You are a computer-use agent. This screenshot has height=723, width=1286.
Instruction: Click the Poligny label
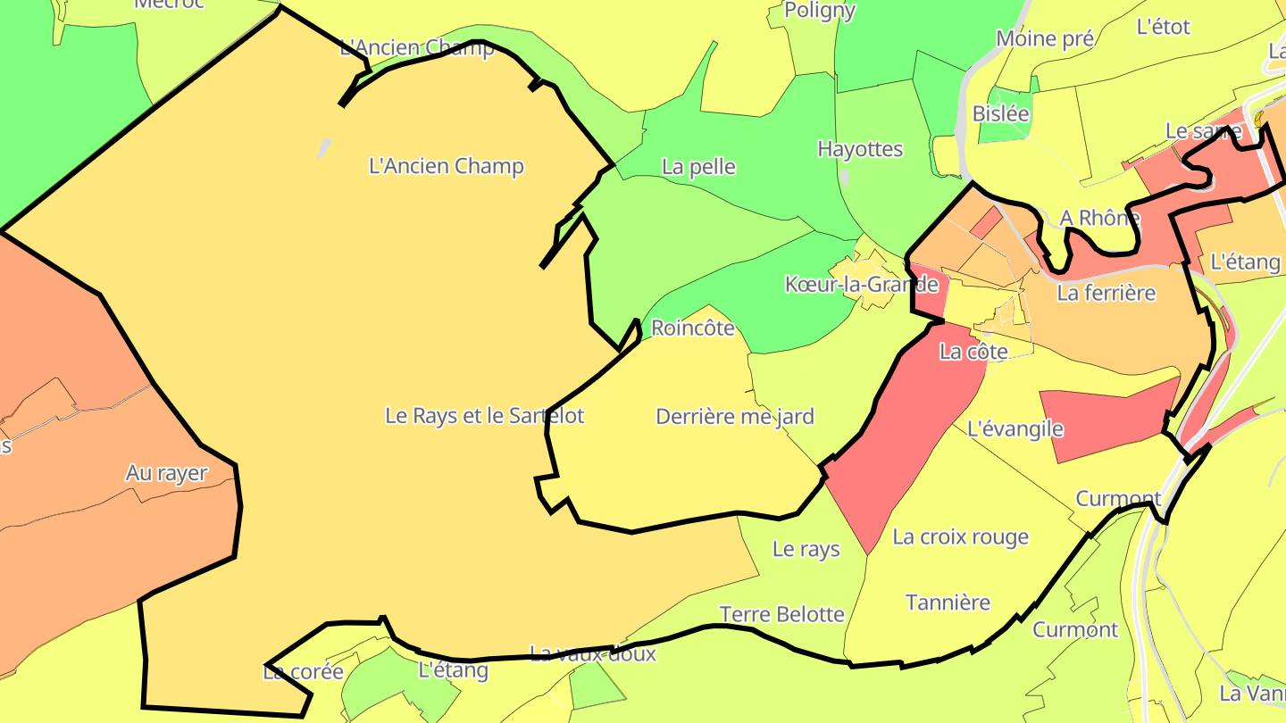click(x=819, y=11)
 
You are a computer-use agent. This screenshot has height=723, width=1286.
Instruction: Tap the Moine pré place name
click(x=1045, y=39)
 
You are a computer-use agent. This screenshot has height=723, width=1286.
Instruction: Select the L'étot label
click(x=1163, y=27)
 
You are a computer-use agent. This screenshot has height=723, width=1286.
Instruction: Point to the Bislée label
click(x=1000, y=114)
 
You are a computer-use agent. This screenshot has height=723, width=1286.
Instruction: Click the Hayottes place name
click(x=860, y=149)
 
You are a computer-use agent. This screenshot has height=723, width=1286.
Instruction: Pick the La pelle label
click(x=698, y=167)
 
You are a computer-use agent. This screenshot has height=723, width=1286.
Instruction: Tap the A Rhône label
click(x=1099, y=218)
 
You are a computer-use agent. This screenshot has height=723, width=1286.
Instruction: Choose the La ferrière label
click(x=1106, y=293)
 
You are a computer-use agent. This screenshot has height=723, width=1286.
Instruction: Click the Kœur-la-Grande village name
click(x=861, y=285)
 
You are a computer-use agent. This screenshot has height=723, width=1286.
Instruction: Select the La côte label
click(x=973, y=352)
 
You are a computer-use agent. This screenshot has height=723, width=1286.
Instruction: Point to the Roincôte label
click(x=692, y=328)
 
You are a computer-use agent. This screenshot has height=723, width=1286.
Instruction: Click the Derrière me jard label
click(x=734, y=417)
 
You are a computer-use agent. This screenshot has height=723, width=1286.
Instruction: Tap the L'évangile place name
click(x=1015, y=429)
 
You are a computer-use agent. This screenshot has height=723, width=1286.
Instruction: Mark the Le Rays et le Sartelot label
click(x=484, y=415)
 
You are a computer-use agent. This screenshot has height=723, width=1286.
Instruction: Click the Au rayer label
click(x=166, y=474)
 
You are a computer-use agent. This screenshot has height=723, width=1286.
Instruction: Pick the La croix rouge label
click(x=960, y=537)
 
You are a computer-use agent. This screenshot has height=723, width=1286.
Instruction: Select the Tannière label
click(x=948, y=602)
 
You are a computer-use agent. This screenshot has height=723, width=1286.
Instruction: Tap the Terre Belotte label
click(x=781, y=614)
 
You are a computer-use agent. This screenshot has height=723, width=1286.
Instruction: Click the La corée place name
click(x=303, y=672)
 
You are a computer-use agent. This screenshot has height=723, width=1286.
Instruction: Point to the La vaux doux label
click(x=592, y=654)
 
